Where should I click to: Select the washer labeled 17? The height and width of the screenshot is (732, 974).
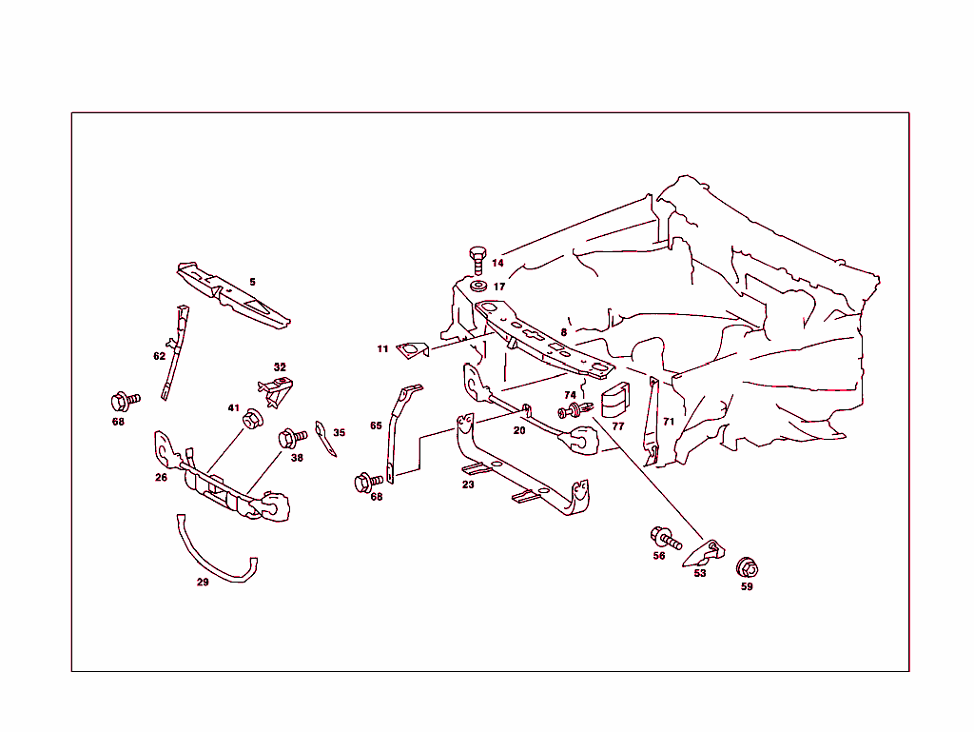pyautogui.click(x=477, y=286)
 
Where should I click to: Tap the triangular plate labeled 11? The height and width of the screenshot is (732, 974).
pyautogui.click(x=413, y=351)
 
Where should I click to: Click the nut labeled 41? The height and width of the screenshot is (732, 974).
pyautogui.click(x=253, y=418)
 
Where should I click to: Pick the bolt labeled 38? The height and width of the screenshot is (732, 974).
pyautogui.click(x=290, y=439)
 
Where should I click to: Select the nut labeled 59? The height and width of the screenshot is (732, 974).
pyautogui.click(x=748, y=567)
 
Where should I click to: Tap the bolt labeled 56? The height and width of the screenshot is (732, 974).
pyautogui.click(x=664, y=539)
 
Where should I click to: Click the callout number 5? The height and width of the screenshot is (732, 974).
pyautogui.click(x=252, y=282)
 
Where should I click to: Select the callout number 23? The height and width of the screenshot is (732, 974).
pyautogui.click(x=468, y=485)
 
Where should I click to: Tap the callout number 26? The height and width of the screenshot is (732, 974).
pyautogui.click(x=162, y=478)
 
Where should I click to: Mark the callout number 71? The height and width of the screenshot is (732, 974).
pyautogui.click(x=669, y=421)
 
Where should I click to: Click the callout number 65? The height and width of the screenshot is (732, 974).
pyautogui.click(x=376, y=425)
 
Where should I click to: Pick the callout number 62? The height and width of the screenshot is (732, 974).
pyautogui.click(x=159, y=356)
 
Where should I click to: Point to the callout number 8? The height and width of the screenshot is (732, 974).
pyautogui.click(x=563, y=332)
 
